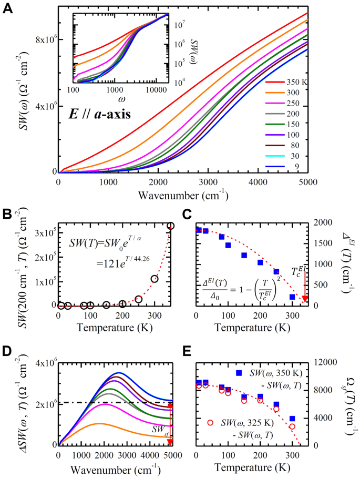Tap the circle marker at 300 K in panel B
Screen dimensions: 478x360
pos(155,279)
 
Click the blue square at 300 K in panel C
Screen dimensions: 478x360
pos(292,297)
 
